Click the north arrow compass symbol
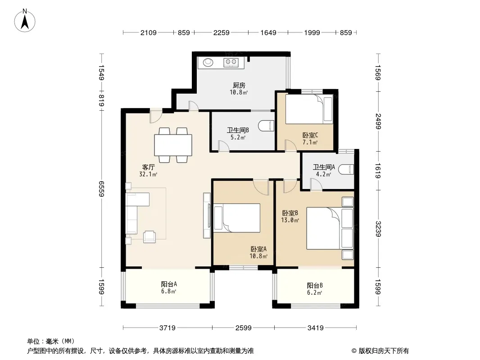pyautogui.click(x=25, y=20)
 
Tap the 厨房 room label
pyautogui.click(x=239, y=85)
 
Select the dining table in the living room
pyautogui.click(x=173, y=145)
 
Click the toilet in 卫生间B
pyautogui.click(x=266, y=126)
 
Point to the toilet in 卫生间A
pyautogui.click(x=348, y=170)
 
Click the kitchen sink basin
pyautogui.click(x=208, y=63)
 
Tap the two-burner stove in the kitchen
pyautogui.click(x=231, y=63)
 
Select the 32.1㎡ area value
pyautogui.click(x=148, y=174)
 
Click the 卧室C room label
pyautogui.click(x=310, y=135)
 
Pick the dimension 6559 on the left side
pyautogui.click(x=102, y=189)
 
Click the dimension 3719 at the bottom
pyautogui.click(x=168, y=328)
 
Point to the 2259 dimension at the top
pyautogui.click(x=222, y=32)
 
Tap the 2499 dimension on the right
pyautogui.click(x=378, y=121)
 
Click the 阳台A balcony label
pyautogui.click(x=169, y=284)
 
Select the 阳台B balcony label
pyautogui.click(x=315, y=285)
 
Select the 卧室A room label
pyautogui.click(x=258, y=249)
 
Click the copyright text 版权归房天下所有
pyautogui.click(x=384, y=351)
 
